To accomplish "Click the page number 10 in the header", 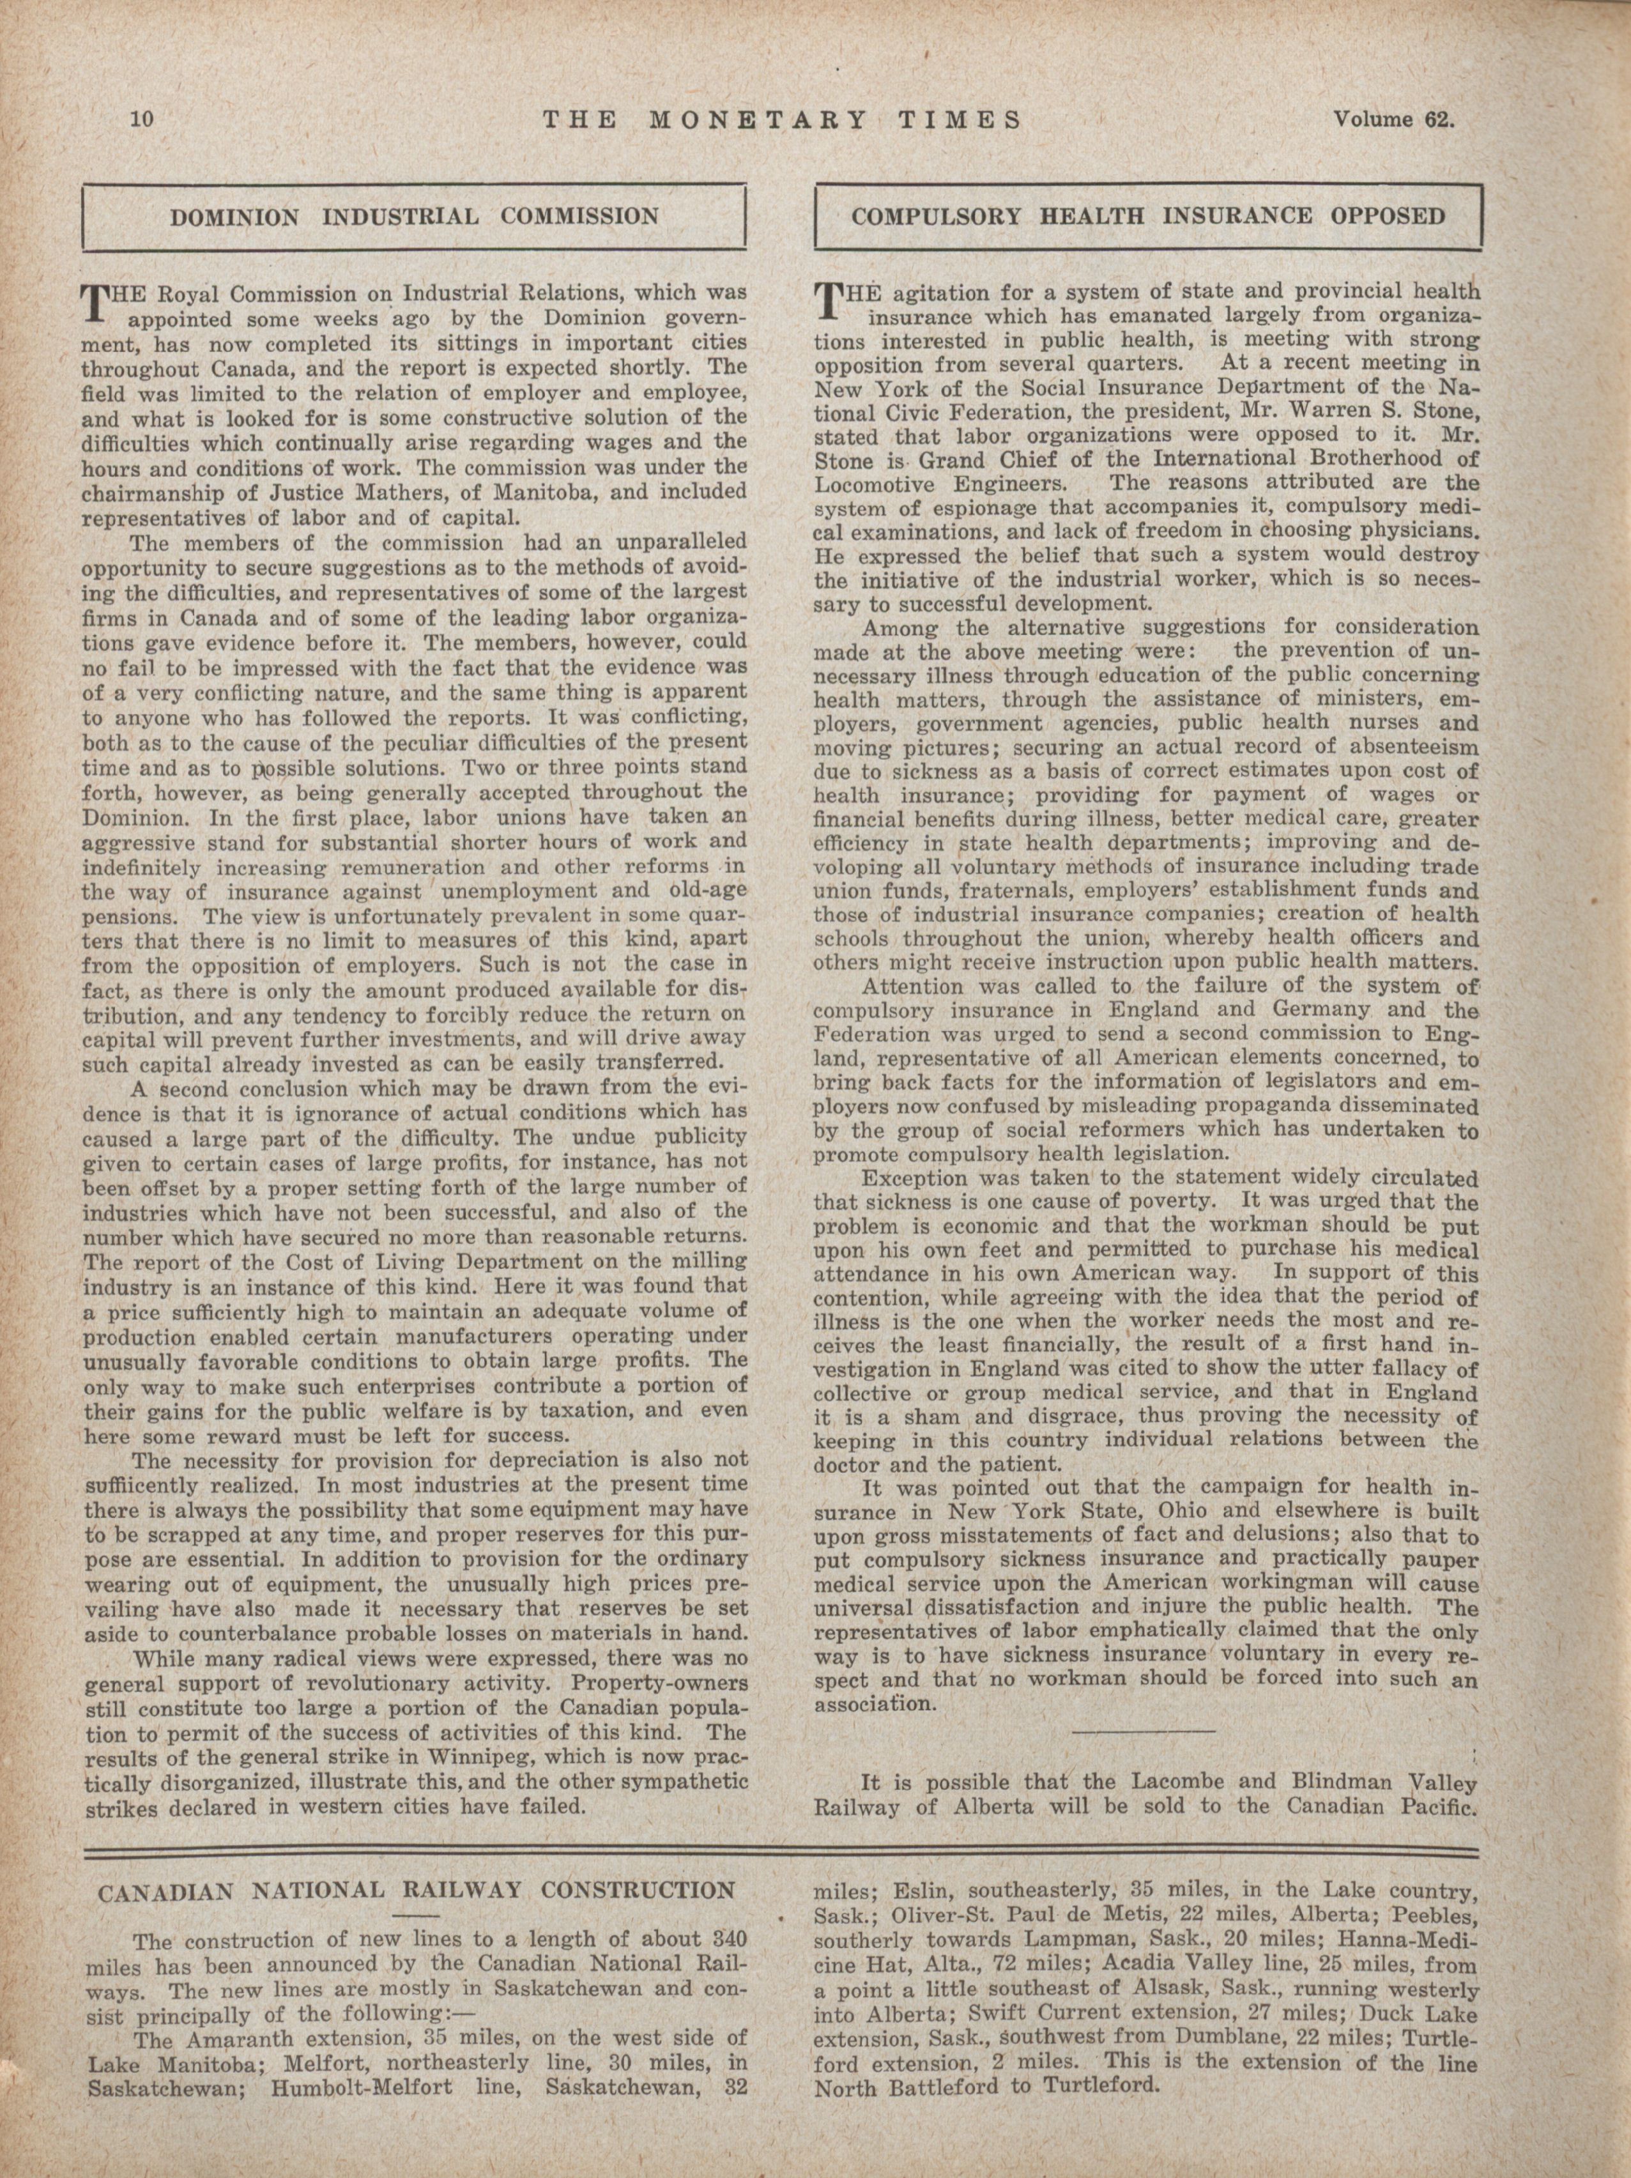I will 142,120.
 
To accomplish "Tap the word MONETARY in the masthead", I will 758,120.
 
